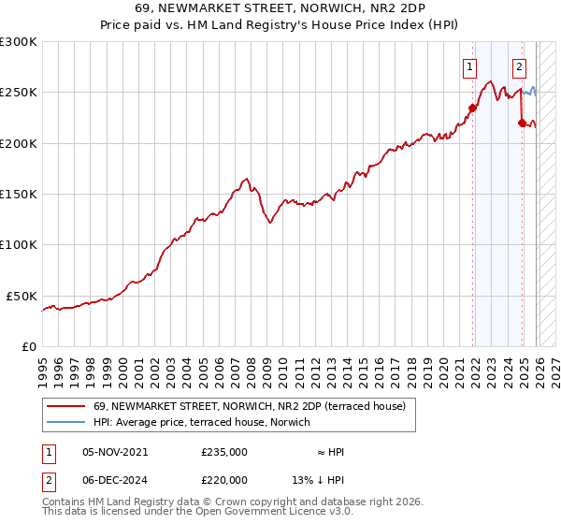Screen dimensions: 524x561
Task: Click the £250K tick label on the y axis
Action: (x=19, y=93)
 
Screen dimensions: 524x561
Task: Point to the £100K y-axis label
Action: (x=19, y=244)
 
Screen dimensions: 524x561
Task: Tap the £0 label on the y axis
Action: (x=28, y=346)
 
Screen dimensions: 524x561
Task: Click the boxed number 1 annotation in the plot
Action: (x=468, y=66)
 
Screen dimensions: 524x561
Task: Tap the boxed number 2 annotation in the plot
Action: (x=519, y=66)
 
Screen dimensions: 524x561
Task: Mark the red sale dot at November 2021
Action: (x=473, y=108)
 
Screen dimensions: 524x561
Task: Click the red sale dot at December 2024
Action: (x=521, y=123)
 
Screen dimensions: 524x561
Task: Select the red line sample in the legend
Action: (x=66, y=407)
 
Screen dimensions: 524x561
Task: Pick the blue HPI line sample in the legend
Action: (x=66, y=424)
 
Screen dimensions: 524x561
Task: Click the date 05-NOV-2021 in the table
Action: (x=115, y=452)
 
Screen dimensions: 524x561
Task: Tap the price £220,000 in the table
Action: (x=224, y=480)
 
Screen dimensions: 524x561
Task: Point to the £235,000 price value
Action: (x=224, y=452)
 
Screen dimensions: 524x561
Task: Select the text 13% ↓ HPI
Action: (x=318, y=480)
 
